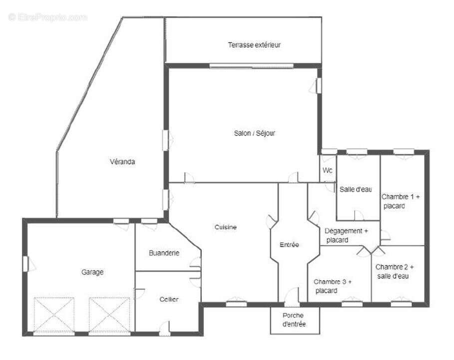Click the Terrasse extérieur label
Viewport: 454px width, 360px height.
pyautogui.click(x=254, y=44)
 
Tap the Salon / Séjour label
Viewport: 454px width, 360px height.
pyautogui.click(x=254, y=133)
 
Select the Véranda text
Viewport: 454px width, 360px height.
pyautogui.click(x=122, y=161)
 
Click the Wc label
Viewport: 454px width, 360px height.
pyautogui.click(x=327, y=170)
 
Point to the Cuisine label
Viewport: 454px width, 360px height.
pyautogui.click(x=226, y=226)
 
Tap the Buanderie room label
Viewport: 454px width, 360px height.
pyautogui.click(x=164, y=253)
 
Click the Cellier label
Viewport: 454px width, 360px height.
pyautogui.click(x=169, y=299)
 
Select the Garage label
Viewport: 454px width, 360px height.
pyautogui.click(x=92, y=272)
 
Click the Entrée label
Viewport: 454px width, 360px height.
pyautogui.click(x=289, y=245)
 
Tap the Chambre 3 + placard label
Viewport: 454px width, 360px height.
pyautogui.click(x=332, y=285)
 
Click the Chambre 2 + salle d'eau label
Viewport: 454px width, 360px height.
pyautogui.click(x=395, y=271)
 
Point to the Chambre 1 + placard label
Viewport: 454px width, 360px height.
pyautogui.click(x=401, y=201)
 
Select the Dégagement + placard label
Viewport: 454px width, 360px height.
pyautogui.click(x=346, y=235)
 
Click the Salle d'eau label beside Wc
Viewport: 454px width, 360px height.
pyautogui.click(x=356, y=189)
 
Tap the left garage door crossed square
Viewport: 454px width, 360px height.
pyautogui.click(x=54, y=315)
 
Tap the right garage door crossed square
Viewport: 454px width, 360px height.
pyautogui.click(x=109, y=315)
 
